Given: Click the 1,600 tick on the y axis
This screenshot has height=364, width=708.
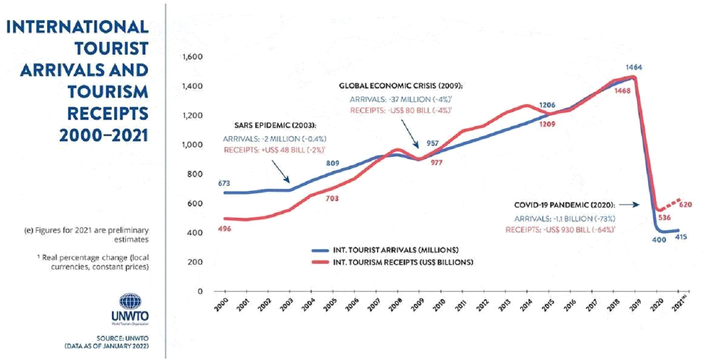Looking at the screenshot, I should point(193,58).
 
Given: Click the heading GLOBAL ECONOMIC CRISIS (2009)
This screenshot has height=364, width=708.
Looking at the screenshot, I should point(401,86).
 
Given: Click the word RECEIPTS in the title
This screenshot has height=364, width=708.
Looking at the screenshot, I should point(108,113).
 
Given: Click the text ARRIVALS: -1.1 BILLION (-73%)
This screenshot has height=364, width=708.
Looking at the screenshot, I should point(565,219).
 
